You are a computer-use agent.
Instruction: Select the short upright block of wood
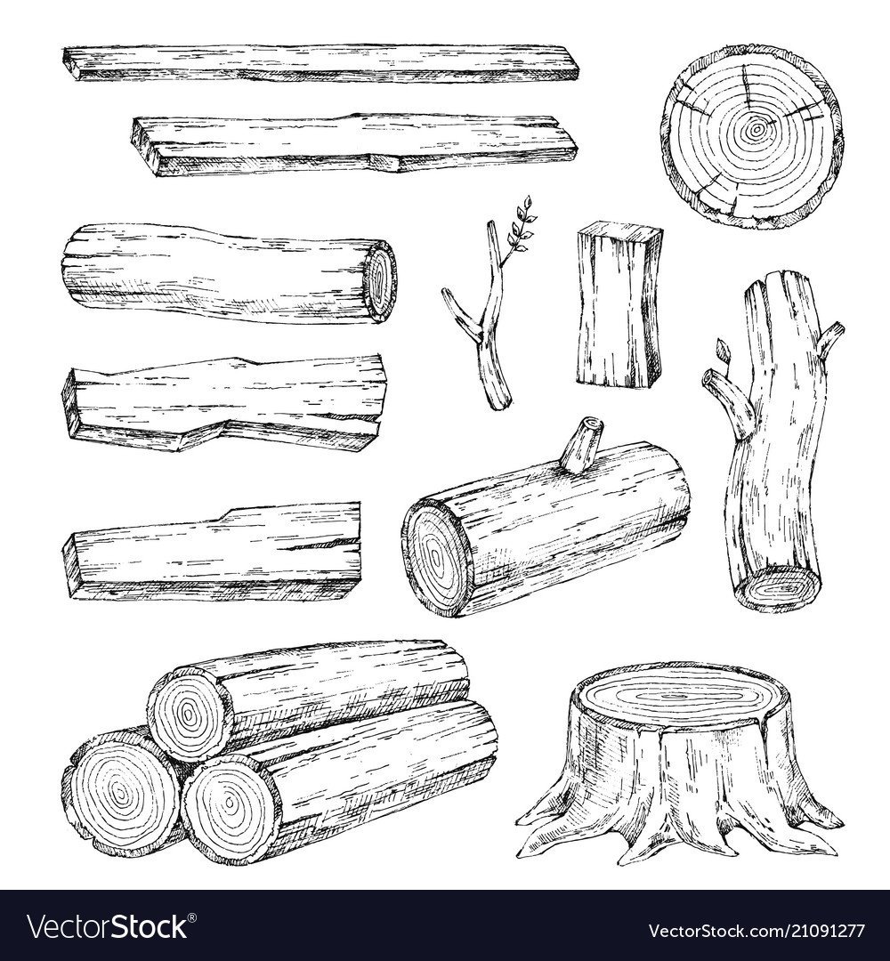tap(619, 307)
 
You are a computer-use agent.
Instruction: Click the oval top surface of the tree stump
tap(675, 696)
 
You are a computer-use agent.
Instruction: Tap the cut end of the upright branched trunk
tap(778, 590)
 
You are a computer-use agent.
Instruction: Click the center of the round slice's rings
tap(756, 129)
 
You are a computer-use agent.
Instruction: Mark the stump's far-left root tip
tap(520, 853)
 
